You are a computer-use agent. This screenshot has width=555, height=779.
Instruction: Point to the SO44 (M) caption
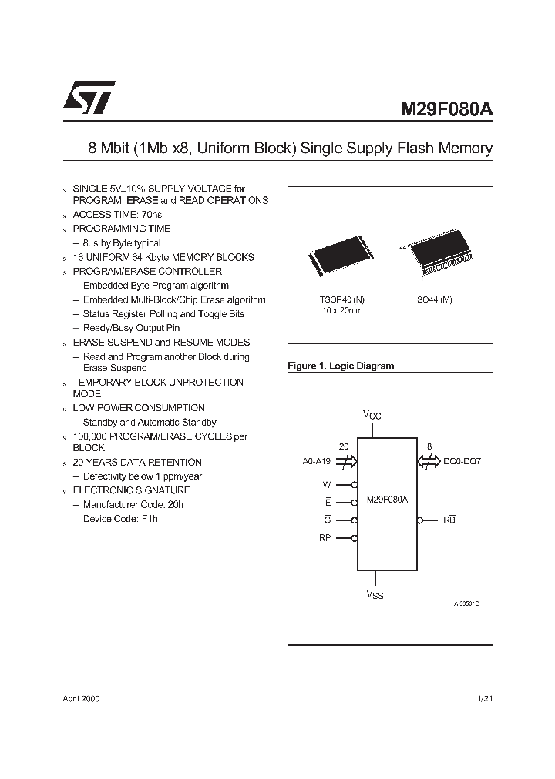[435, 299]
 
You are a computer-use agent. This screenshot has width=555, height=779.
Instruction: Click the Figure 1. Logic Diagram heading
[341, 366]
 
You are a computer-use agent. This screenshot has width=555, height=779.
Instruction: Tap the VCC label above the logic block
[372, 416]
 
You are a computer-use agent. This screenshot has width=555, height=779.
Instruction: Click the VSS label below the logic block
[374, 595]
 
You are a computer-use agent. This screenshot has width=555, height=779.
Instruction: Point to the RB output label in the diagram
[449, 520]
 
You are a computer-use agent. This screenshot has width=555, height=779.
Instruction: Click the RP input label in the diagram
[325, 538]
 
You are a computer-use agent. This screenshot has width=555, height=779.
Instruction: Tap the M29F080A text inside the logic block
[388, 500]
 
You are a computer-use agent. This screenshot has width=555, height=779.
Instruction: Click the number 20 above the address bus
[344, 446]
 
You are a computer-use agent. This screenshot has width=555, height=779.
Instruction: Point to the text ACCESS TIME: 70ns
[117, 215]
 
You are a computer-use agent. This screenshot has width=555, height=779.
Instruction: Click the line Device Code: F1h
[120, 519]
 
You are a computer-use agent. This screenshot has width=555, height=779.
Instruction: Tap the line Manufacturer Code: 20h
[133, 504]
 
